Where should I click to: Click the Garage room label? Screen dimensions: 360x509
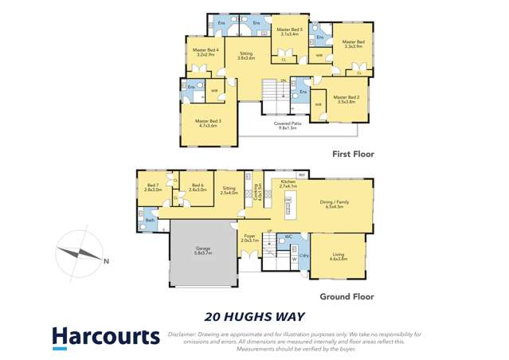click(x=203, y=250)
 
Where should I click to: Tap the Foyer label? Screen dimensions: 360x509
click(x=249, y=237)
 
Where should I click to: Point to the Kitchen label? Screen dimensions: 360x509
click(x=288, y=183)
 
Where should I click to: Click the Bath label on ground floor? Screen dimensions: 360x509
click(x=151, y=221)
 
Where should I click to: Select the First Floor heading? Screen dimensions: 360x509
click(x=352, y=154)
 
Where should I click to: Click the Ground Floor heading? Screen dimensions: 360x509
click(x=347, y=296)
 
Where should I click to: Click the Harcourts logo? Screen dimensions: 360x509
click(x=106, y=337)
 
